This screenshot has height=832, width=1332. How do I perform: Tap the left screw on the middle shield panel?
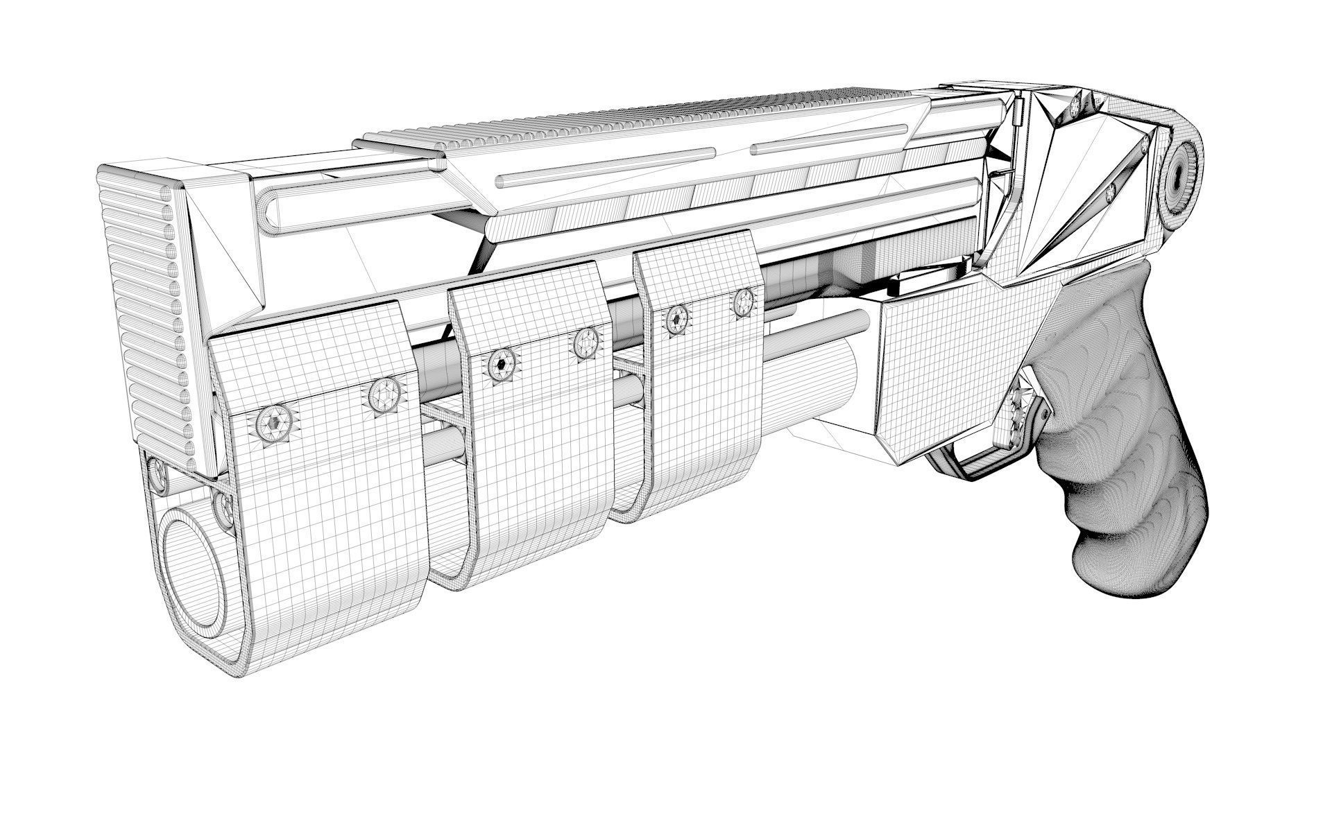tap(502, 364)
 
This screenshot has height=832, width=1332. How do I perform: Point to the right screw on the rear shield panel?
tap(744, 300)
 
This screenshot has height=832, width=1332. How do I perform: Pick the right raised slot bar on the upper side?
tap(829, 139)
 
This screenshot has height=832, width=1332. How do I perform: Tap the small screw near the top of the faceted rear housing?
tap(1076, 105)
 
